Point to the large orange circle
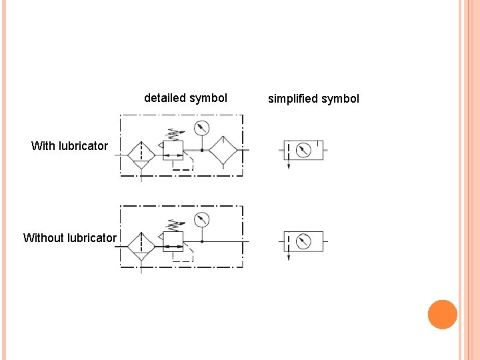pyautogui.click(x=443, y=314)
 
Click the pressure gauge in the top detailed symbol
pyautogui.click(x=201, y=128)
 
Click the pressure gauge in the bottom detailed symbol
pyautogui.click(x=201, y=220)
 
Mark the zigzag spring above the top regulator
pyautogui.click(x=174, y=133)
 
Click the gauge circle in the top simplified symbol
pyautogui.click(x=303, y=150)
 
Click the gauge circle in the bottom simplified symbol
pyautogui.click(x=303, y=241)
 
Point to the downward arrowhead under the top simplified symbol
pyautogui.click(x=289, y=167)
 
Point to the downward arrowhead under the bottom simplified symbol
pyautogui.click(x=289, y=258)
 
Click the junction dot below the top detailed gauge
pyautogui.click(x=201, y=151)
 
